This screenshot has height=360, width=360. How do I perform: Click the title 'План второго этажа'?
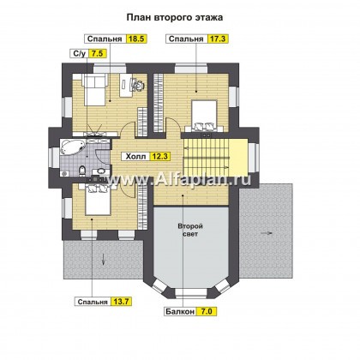pyautogui.click(x=175, y=17)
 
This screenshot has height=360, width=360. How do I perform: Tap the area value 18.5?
pyautogui.click(x=136, y=39)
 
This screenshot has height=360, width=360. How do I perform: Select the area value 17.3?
pyautogui.click(x=218, y=39)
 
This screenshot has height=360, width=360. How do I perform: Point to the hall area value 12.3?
pyautogui.click(x=161, y=156)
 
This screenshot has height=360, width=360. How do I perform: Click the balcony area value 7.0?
pyautogui.click(x=207, y=311)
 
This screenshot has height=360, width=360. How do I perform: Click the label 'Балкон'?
pyautogui.click(x=180, y=311)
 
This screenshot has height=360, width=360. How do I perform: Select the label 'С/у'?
pyautogui.click(x=80, y=53)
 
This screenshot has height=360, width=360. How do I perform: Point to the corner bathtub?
pyautogui.click(x=73, y=147)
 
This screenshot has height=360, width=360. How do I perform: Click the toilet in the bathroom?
pyautogui.click(x=82, y=171)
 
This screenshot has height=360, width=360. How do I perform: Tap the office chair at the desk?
pyautogui.click(x=138, y=84)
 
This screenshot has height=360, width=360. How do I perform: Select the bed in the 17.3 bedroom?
pyautogui.click(x=204, y=115)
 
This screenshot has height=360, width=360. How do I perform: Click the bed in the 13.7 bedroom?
pyautogui.click(x=98, y=199)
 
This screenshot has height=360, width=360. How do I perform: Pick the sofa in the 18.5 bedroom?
pyautogui.click(x=94, y=89)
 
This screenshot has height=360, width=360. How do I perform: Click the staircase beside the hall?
pyautogui.click(x=206, y=157)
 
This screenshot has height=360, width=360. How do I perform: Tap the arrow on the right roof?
pyautogui.click(x=267, y=233)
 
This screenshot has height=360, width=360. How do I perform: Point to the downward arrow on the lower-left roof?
pyautogui.click(x=103, y=259)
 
